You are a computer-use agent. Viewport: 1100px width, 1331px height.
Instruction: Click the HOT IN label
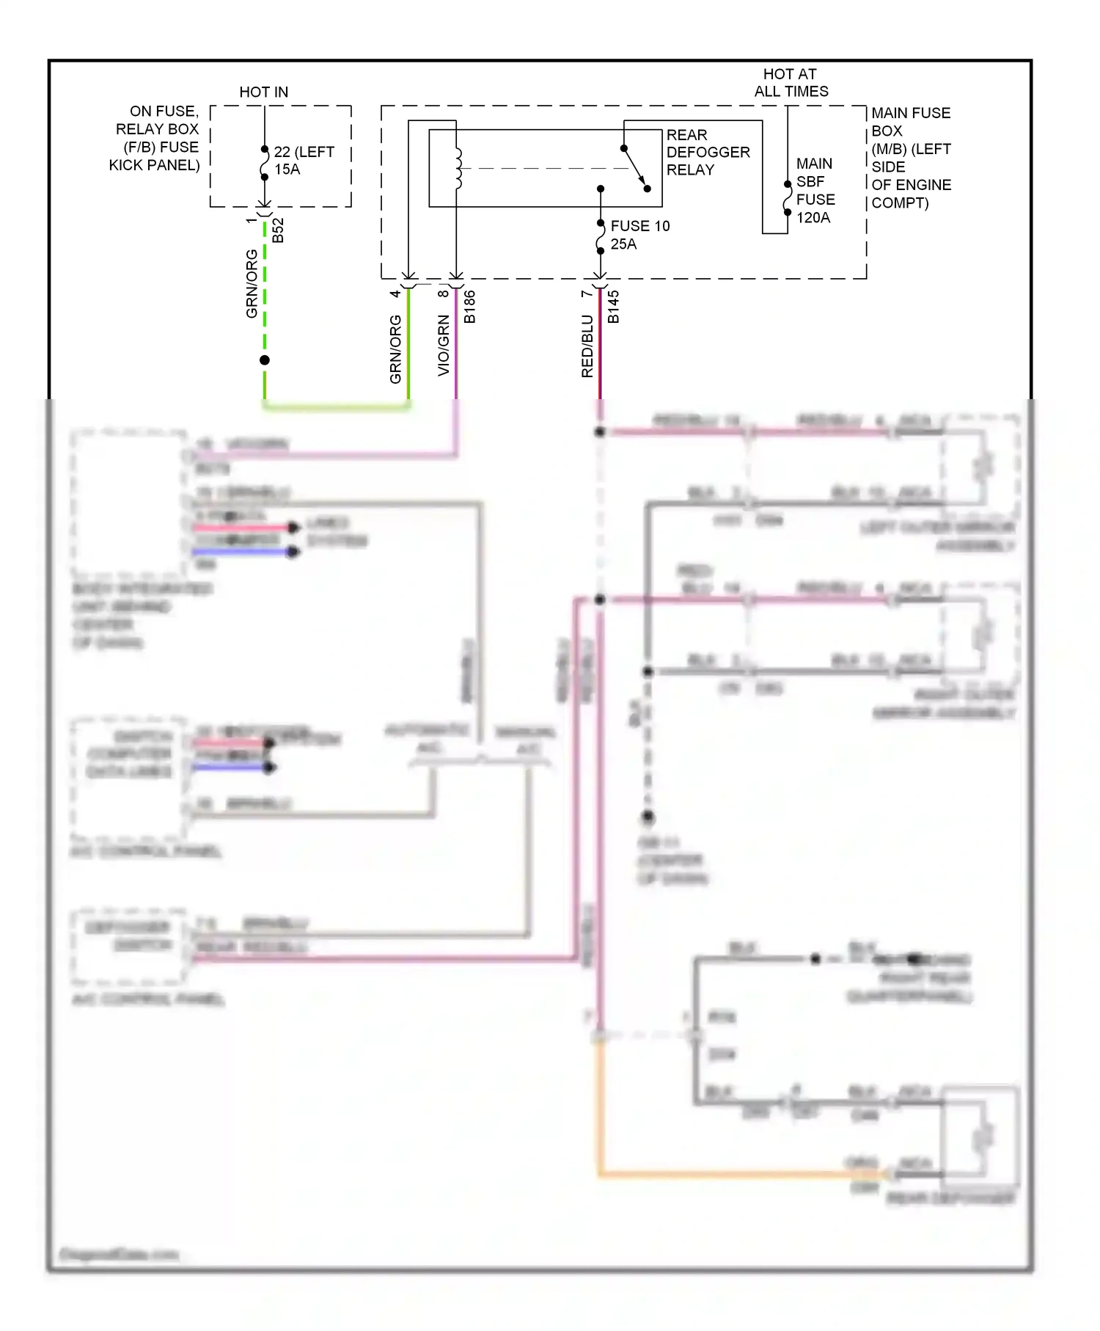[263, 92]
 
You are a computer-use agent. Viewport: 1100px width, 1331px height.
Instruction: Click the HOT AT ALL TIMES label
[791, 82]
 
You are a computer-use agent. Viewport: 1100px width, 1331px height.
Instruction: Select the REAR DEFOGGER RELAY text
[707, 152]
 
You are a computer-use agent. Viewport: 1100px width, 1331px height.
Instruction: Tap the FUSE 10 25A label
[639, 235]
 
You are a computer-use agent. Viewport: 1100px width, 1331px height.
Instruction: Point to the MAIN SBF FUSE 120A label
[815, 190]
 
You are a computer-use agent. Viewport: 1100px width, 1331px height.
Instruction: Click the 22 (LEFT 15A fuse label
[303, 160]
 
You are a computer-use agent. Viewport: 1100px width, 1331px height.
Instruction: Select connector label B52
[278, 230]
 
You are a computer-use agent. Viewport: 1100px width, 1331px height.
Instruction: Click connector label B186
[470, 307]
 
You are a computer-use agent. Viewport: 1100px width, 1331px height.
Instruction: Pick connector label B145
[614, 307]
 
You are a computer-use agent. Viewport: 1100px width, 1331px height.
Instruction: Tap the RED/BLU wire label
[587, 346]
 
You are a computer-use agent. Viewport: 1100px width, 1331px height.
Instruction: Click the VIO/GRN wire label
[443, 346]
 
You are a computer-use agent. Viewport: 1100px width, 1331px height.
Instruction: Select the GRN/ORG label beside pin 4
[395, 349]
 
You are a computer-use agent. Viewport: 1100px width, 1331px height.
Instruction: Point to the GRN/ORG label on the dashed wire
[252, 283]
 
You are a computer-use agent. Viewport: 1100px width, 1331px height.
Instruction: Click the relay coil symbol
[458, 168]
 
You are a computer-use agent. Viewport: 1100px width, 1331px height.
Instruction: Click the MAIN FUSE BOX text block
[910, 158]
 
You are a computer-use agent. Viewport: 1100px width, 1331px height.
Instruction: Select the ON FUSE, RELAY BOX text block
[155, 138]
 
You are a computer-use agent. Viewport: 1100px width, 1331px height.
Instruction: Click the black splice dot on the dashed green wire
[265, 360]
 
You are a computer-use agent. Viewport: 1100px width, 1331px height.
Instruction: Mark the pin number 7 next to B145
[585, 293]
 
